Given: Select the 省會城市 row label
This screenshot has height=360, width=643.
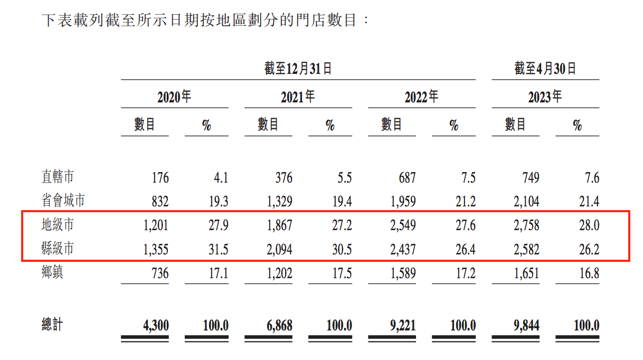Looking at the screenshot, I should [63, 201].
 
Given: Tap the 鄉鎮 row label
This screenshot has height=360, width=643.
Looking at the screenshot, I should [54, 273].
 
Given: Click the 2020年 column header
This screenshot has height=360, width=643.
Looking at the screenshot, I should [174, 97].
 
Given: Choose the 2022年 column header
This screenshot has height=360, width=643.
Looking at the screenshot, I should [421, 97].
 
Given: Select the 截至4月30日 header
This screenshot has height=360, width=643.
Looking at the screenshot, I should [545, 69].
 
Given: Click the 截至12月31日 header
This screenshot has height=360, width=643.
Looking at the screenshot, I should [298, 69].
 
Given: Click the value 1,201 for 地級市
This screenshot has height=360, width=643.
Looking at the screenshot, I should [155, 225].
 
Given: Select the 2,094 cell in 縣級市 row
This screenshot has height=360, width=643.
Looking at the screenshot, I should [278, 249].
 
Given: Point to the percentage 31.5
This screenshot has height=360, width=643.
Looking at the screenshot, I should [218, 249].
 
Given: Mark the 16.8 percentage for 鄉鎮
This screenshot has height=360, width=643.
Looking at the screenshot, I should [589, 273].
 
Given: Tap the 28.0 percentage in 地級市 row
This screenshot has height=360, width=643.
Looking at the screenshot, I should [589, 225].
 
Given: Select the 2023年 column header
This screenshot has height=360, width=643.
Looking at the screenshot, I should [545, 97].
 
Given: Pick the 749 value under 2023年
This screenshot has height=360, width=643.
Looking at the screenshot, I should [529, 178].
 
